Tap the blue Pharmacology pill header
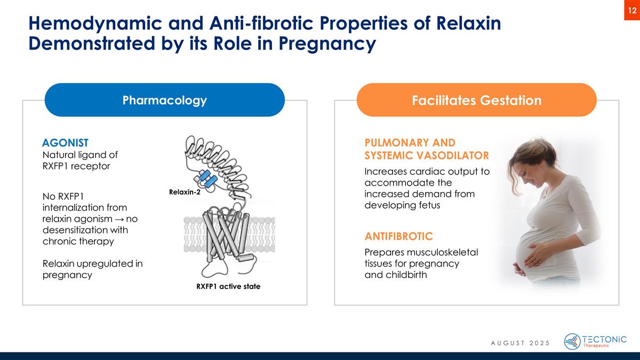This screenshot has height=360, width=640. click(x=164, y=100)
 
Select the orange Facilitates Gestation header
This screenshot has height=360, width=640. click(x=476, y=100)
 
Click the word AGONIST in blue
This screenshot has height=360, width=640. click(x=65, y=143)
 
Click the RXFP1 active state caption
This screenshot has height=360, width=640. click(x=228, y=286)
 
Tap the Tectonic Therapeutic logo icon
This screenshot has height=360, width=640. click(x=572, y=342)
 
